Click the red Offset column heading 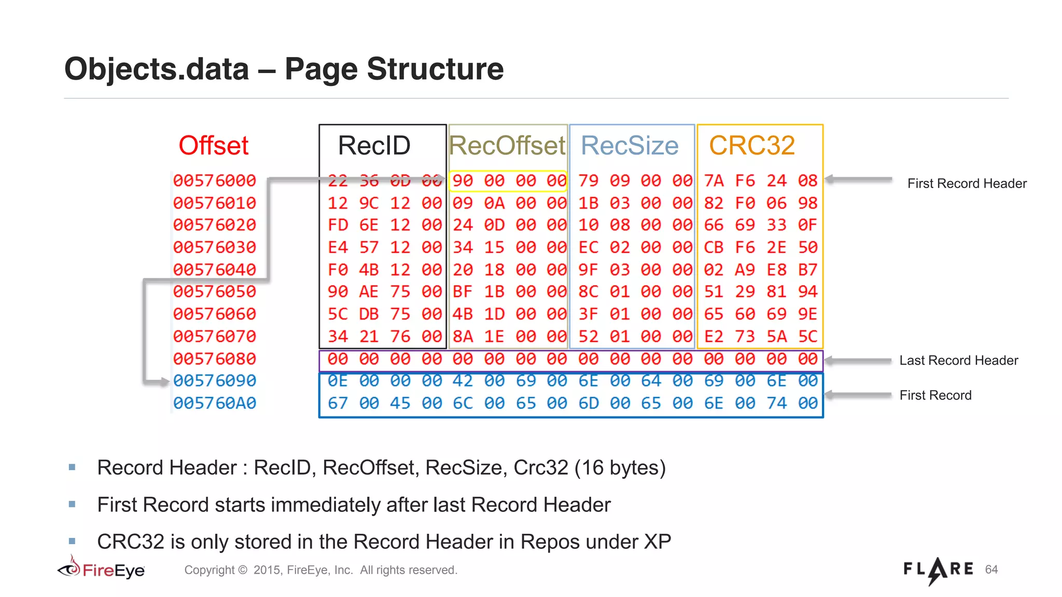point(214,145)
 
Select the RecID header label point(374,145)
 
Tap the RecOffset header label point(507,145)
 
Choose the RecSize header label point(630,145)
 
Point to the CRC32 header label point(752,145)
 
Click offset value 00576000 point(214,180)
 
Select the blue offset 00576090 point(214,381)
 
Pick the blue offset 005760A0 point(214,403)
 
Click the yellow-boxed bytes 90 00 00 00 point(508,181)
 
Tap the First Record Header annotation point(967,183)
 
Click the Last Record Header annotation point(958,360)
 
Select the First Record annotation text point(935,395)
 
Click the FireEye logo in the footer point(101,570)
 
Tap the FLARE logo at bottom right point(938,570)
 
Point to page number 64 point(991,570)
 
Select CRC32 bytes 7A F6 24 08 point(760,181)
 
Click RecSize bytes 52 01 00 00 point(635,337)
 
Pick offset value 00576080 point(214,359)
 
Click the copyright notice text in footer point(320,570)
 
